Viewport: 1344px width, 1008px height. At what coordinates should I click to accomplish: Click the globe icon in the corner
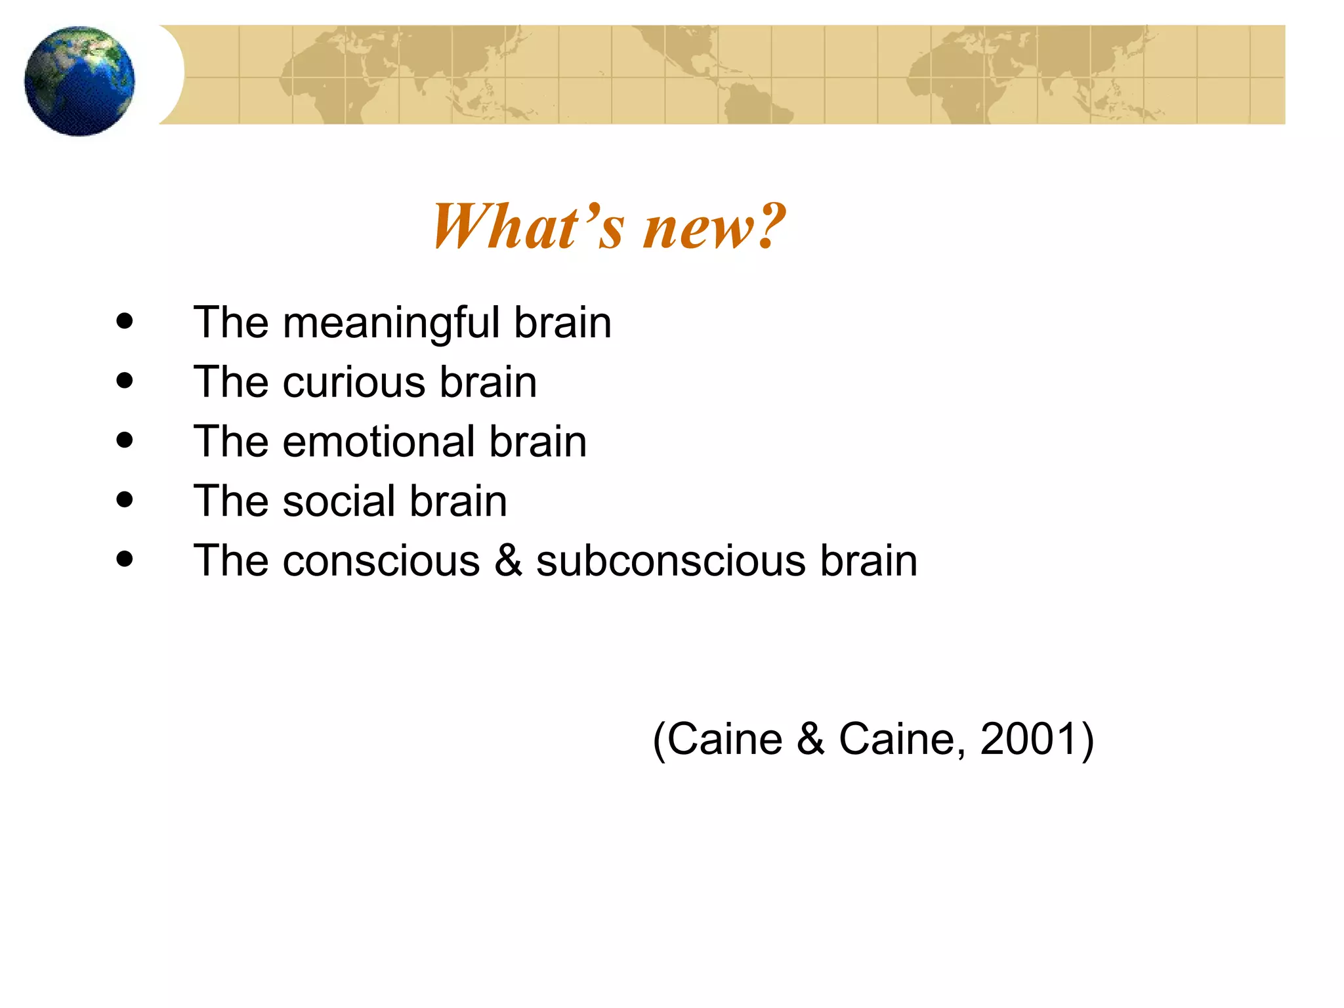pyautogui.click(x=79, y=81)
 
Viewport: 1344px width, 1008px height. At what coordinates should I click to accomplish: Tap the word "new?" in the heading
pyautogui.click(x=714, y=228)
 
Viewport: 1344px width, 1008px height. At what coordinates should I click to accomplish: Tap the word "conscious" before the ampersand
pyautogui.click(x=381, y=562)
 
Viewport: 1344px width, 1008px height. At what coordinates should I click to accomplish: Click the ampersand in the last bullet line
pyautogui.click(x=508, y=560)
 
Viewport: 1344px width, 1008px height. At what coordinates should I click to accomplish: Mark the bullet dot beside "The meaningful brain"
pyautogui.click(x=124, y=322)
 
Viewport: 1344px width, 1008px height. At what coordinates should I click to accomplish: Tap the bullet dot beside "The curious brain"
pyautogui.click(x=124, y=381)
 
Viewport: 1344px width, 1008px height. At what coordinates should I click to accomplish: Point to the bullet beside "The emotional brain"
pyautogui.click(x=124, y=440)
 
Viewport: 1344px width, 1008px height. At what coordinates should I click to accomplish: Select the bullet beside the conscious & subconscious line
pyautogui.click(x=124, y=559)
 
